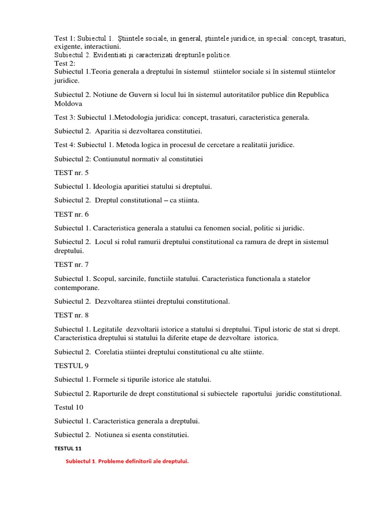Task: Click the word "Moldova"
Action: [x=68, y=104]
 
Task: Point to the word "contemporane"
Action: [x=77, y=287]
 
